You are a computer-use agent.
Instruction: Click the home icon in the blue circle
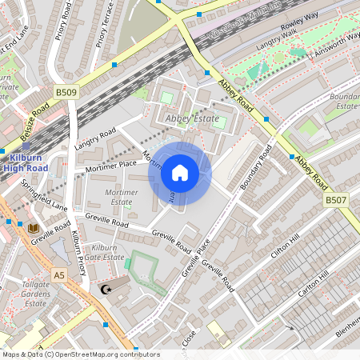[x=180, y=173]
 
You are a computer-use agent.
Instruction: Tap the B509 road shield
[x=66, y=94]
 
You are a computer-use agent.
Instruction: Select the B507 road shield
[x=336, y=199]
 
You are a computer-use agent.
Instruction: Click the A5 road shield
[x=58, y=274]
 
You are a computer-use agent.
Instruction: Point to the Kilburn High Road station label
[x=25, y=163]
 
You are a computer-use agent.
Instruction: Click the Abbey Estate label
[x=190, y=119]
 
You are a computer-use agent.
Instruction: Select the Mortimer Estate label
[x=121, y=198]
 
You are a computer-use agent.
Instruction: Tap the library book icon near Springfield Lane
[x=34, y=228]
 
